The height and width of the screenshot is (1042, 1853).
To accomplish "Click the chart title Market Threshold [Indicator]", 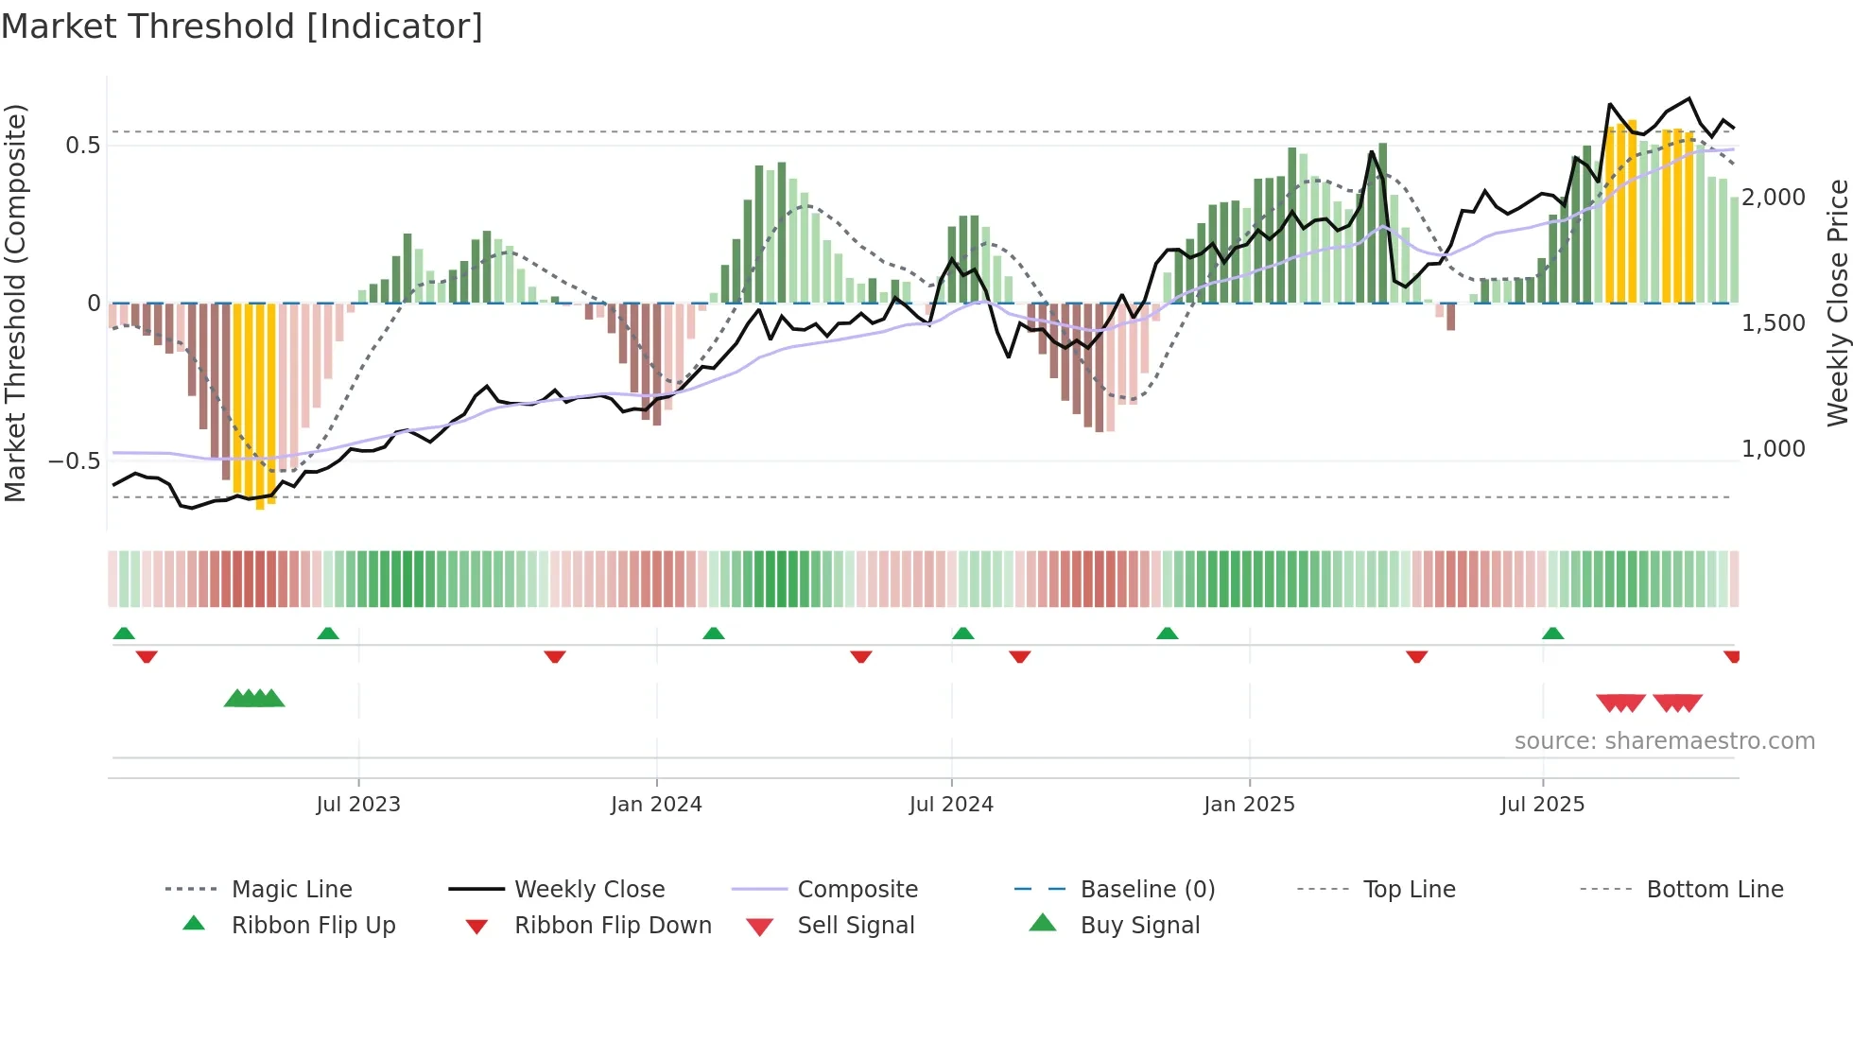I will pos(242,26).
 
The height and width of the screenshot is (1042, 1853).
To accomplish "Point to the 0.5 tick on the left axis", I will pos(82,146).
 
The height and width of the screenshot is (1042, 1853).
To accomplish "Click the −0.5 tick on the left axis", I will pos(75,461).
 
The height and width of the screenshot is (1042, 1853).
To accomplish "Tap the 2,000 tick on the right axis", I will pos(1774,198).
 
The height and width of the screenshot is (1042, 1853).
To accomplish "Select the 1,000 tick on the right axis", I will pos(1774,449).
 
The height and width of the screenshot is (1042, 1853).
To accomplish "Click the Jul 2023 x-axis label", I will pos(358,805).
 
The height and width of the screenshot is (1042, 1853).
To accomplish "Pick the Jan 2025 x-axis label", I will pos(1249,805).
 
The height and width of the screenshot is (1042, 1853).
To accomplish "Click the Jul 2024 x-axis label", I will pos(951,805).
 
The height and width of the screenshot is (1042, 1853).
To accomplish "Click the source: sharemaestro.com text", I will pos(1664,741).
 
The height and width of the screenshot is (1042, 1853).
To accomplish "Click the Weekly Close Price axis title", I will pos(1837,303).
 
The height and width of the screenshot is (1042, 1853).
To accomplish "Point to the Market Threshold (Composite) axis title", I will pos(15,303).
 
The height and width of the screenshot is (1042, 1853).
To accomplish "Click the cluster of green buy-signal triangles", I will pos(254,699).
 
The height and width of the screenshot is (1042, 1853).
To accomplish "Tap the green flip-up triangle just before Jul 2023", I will pos(328,634).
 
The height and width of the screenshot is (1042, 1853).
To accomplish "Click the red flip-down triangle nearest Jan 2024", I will pos(555,656).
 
